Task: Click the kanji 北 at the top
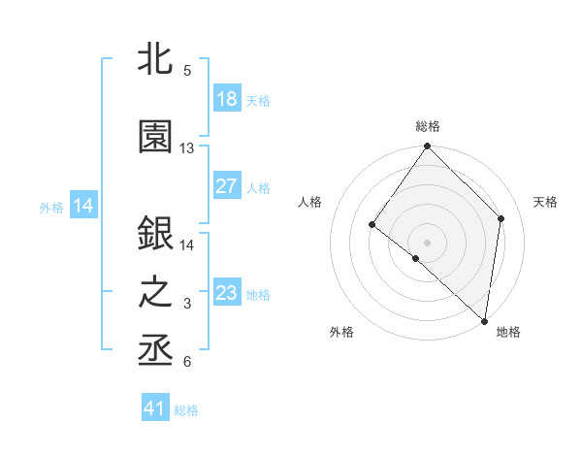tap(156, 59)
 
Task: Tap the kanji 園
tap(156, 137)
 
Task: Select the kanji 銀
tap(156, 234)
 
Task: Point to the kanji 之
tap(156, 292)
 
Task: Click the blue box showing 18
tap(227, 98)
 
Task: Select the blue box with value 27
tap(227, 185)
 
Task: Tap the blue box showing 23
tap(227, 292)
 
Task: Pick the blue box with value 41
tap(156, 408)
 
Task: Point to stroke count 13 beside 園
tap(187, 148)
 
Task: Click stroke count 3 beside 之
tap(187, 304)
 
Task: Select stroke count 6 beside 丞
tap(187, 362)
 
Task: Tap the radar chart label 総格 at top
tap(428, 126)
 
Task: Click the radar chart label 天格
tap(546, 202)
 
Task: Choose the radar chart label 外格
tap(341, 332)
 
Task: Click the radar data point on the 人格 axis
tap(372, 224)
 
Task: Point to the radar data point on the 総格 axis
tap(428, 147)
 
